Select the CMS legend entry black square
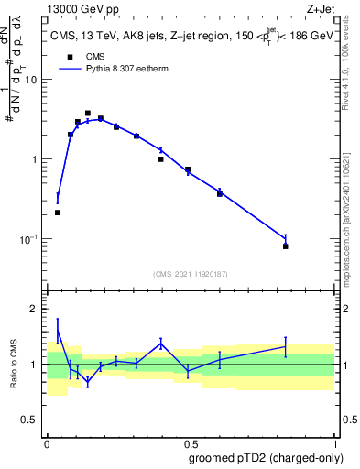pyautogui.click(x=67, y=56)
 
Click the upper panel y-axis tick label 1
pyautogui.click(x=34, y=159)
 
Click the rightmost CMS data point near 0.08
pyautogui.click(x=286, y=246)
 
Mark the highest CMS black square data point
pyautogui.click(x=88, y=114)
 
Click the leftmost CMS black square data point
pyautogui.click(x=58, y=213)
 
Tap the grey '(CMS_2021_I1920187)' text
pyautogui.click(x=190, y=274)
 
